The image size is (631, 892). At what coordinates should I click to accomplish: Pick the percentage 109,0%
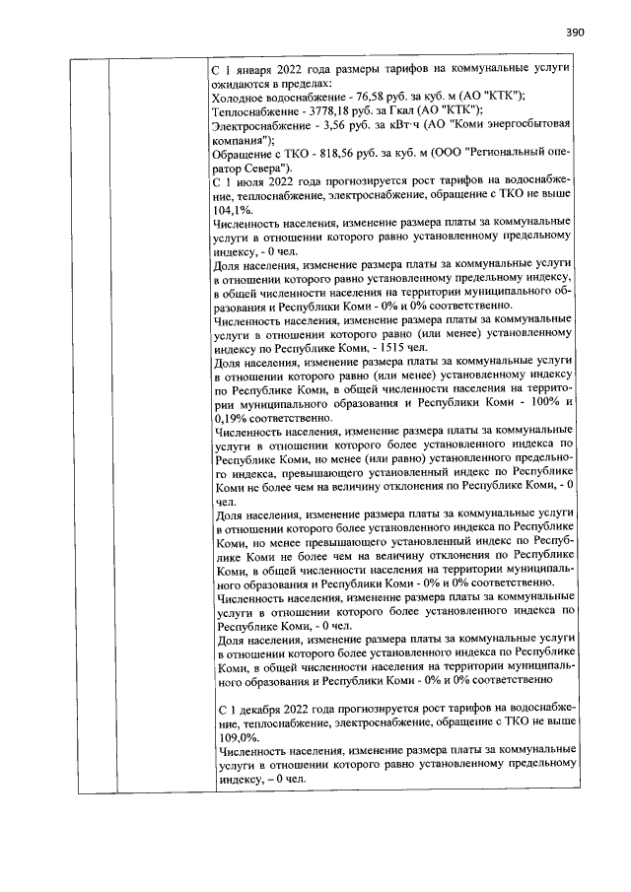(231, 736)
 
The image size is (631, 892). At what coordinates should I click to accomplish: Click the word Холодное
(243, 96)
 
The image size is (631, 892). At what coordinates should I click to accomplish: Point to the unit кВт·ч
(408, 125)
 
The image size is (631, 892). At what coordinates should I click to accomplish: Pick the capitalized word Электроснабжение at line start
(260, 125)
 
